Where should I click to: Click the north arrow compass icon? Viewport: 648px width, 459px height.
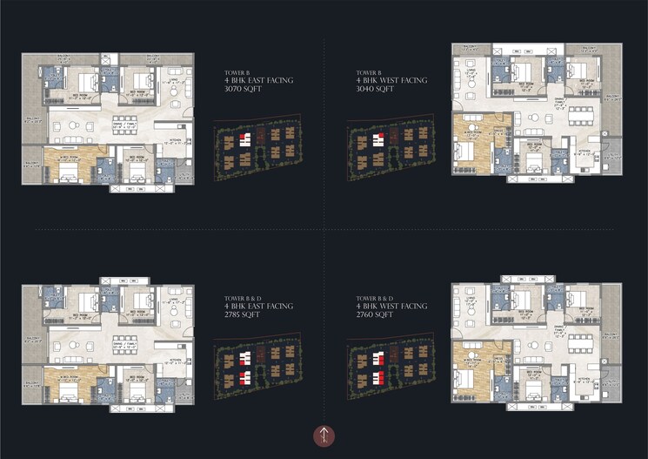pos(324,435)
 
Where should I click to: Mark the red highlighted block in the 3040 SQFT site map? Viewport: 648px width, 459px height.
pos(377,138)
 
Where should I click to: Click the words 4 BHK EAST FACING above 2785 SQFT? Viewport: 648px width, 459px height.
pos(258,306)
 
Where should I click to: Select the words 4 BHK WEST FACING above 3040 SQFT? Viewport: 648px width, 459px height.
pos(391,80)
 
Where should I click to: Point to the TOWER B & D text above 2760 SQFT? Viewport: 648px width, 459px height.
pos(375,298)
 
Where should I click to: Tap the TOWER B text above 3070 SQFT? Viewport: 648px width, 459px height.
pos(237,72)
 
